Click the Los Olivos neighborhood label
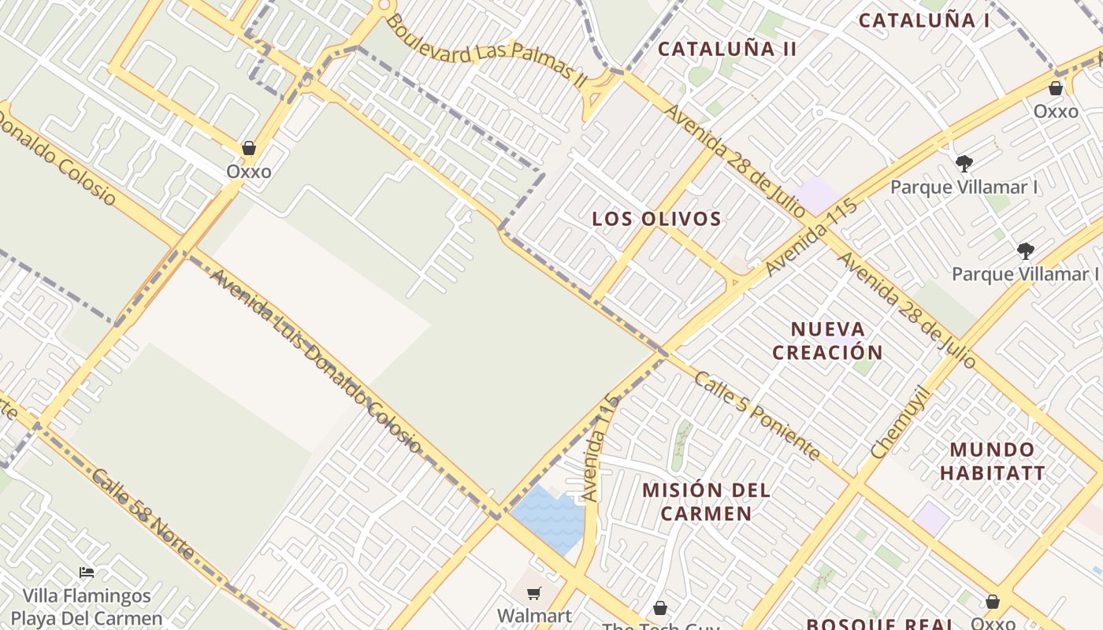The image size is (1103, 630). coord(656,219)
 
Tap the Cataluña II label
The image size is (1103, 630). coord(727,49)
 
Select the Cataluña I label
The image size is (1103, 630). coord(923,20)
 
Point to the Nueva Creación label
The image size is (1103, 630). coord(827,340)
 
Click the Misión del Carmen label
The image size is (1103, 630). coord(706,502)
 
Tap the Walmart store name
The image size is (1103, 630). coord(534,615)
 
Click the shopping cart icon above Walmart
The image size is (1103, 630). coord(534,593)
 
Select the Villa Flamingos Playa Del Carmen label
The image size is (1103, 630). coord(87,606)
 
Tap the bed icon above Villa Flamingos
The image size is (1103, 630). coord(87,573)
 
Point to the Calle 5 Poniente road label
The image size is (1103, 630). coord(756,415)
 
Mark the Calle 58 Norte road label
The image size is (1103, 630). coord(143,514)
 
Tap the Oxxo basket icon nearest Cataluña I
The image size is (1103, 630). coord(1056,88)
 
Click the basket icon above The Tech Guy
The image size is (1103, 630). coord(660,608)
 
